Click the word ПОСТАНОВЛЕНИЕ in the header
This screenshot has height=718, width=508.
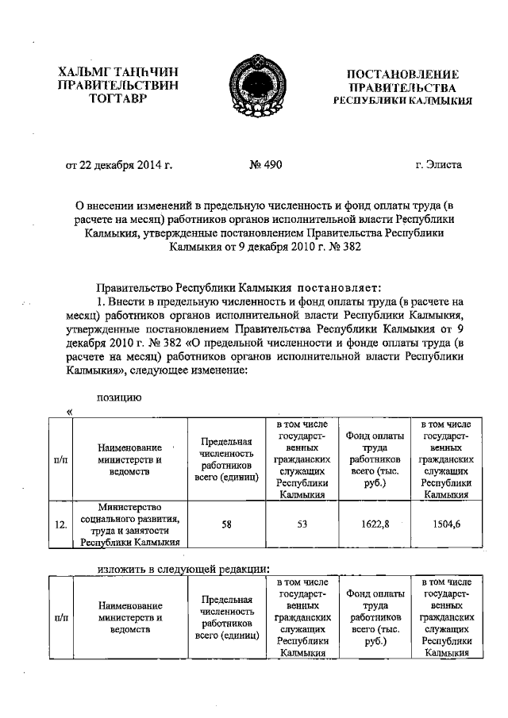coord(402,74)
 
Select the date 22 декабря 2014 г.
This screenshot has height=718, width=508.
coord(118,165)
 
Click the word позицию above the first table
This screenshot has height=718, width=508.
coord(120,398)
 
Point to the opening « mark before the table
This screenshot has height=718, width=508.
coord(70,412)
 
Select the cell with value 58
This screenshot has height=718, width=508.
coord(226,524)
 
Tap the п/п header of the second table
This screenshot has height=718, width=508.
coord(60,616)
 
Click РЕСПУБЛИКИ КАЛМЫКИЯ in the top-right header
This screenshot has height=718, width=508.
coord(402,101)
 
